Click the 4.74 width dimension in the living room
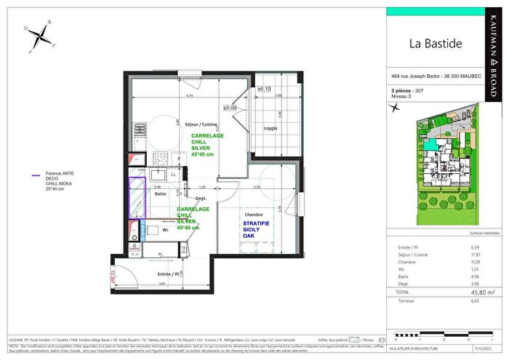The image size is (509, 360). (188, 96)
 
